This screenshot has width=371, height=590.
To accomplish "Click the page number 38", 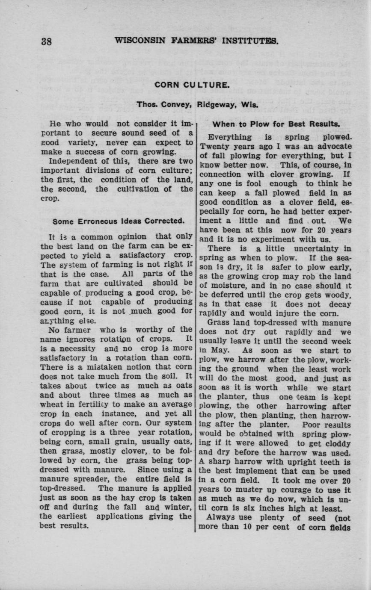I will (46, 41).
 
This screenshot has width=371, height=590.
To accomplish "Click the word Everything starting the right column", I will (230, 137).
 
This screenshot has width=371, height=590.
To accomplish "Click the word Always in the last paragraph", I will (220, 518).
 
